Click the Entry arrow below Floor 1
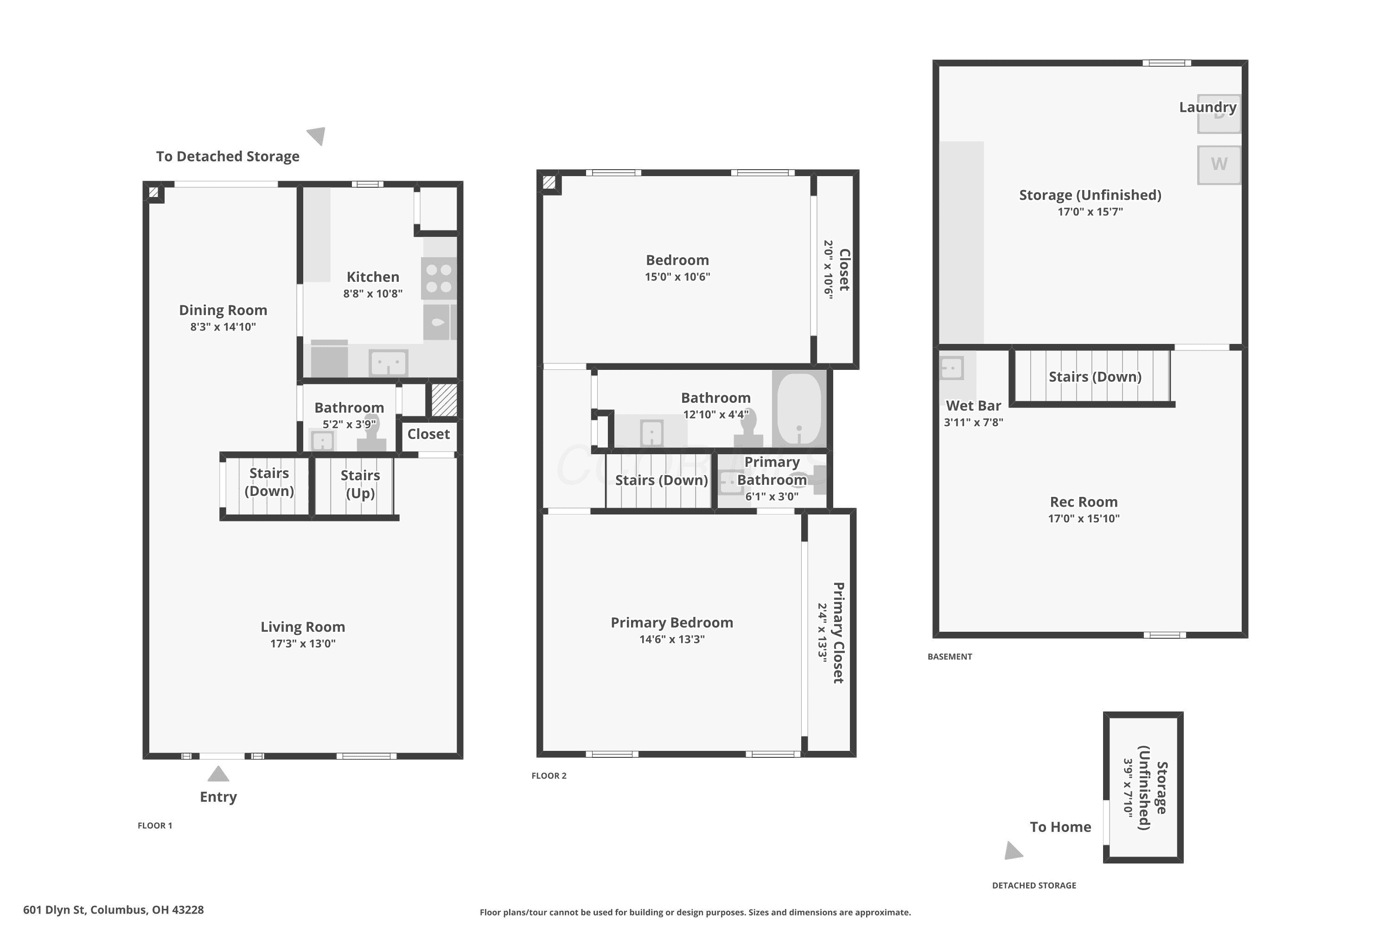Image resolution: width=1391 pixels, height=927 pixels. pos(218,774)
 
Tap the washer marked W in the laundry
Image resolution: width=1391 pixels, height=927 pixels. pos(1219,165)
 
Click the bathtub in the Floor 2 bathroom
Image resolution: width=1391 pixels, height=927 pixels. pos(799,408)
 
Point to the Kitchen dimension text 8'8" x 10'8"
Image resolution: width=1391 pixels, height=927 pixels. pos(373,293)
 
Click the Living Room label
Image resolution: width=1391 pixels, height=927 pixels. pos(303,627)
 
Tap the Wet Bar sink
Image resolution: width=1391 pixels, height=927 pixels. pos(951,368)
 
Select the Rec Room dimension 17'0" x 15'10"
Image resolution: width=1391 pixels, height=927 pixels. pos(1084,519)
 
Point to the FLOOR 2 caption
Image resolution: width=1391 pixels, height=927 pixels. pos(549,775)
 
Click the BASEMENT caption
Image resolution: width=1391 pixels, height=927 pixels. pos(949,656)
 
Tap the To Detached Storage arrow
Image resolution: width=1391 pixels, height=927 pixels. pos(316,136)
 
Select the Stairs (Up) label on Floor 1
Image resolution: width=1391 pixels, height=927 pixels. pos(360,484)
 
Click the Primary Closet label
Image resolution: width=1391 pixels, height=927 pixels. pos(838,633)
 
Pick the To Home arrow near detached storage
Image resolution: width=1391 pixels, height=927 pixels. pos(1014,851)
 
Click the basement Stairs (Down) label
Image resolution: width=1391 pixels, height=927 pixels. pos(1095,376)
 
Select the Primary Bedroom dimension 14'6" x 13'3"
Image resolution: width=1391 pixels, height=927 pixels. pos(672,639)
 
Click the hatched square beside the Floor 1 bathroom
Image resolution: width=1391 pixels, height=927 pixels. pos(444,400)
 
